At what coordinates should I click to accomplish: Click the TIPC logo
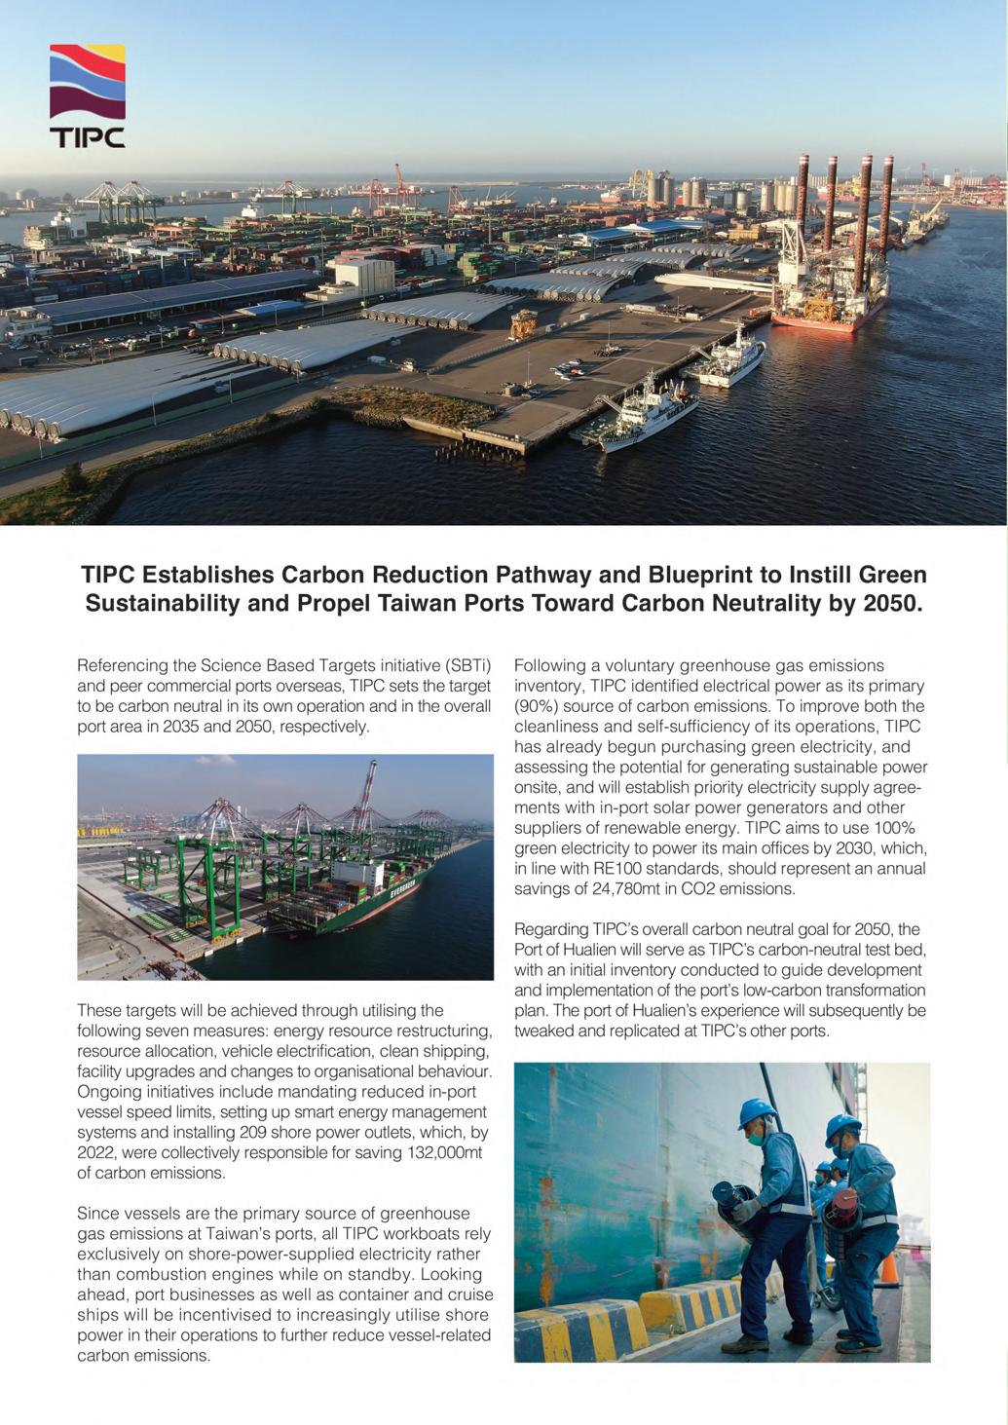pos(87,95)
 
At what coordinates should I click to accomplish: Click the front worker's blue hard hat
pos(756,1111)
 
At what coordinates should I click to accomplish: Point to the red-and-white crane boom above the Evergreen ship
pos(366,794)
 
